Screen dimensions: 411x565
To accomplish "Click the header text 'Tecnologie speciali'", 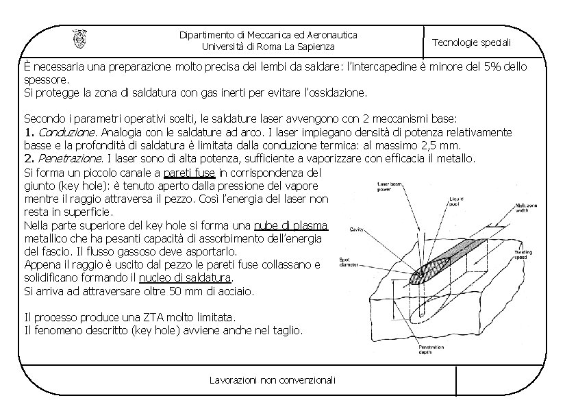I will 471,42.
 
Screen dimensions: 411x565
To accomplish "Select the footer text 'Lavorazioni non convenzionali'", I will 273,380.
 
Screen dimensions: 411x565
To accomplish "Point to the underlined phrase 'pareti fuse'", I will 190,172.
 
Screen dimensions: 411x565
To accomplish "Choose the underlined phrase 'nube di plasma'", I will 290,225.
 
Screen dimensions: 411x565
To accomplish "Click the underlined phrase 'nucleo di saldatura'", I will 185,278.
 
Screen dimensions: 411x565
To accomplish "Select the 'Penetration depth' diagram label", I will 432,350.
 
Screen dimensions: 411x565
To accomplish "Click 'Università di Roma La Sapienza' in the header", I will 268,47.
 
